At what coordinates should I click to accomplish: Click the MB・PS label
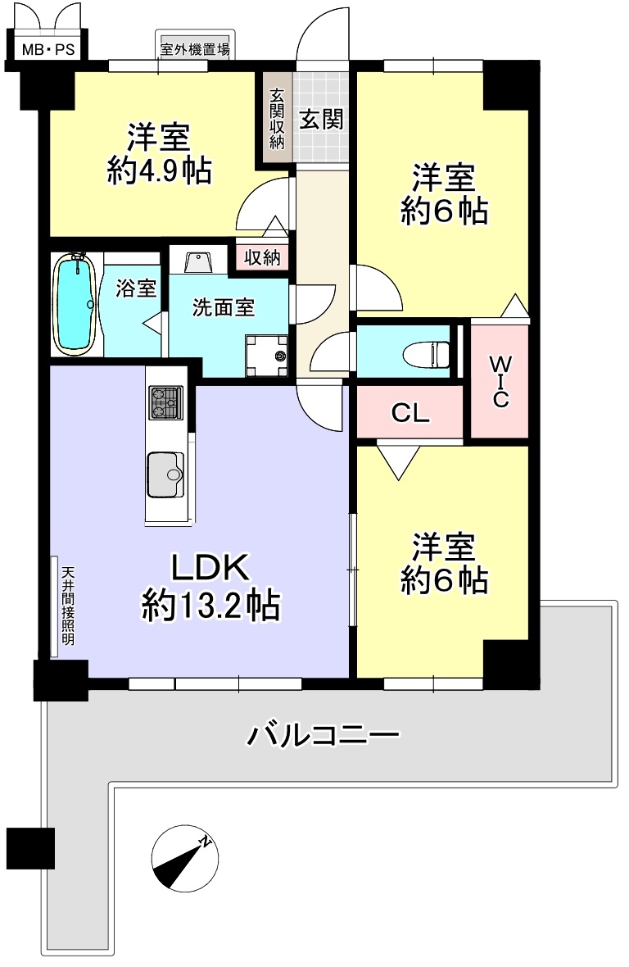click(x=48, y=49)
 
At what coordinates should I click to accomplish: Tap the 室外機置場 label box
click(x=195, y=49)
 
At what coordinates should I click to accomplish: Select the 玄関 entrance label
click(x=321, y=119)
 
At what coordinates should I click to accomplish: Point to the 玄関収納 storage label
click(x=277, y=119)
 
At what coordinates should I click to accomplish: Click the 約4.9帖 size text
click(x=160, y=170)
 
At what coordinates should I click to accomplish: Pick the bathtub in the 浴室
click(x=75, y=304)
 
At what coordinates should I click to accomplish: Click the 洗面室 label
click(x=223, y=307)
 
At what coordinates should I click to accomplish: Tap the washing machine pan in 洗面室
click(x=267, y=355)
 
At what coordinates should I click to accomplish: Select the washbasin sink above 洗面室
click(x=198, y=261)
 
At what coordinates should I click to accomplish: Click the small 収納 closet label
click(x=262, y=257)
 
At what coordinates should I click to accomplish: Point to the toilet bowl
click(x=427, y=355)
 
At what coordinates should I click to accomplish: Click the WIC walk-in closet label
click(x=500, y=381)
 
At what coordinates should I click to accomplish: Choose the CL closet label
click(x=410, y=412)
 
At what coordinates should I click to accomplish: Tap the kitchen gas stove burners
click(x=165, y=402)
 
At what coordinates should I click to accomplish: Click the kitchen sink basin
click(x=165, y=474)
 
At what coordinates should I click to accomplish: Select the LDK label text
click(x=210, y=567)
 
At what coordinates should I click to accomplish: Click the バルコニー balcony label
click(x=324, y=735)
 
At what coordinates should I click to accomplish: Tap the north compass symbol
click(x=185, y=859)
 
